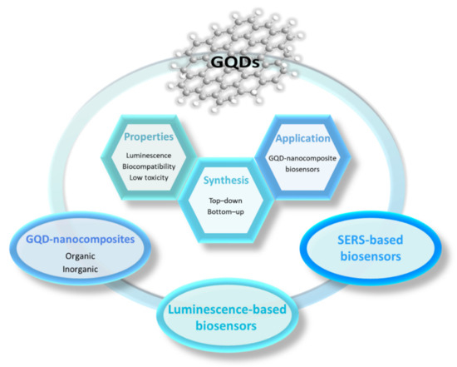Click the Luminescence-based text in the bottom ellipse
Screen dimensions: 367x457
tap(228, 310)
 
